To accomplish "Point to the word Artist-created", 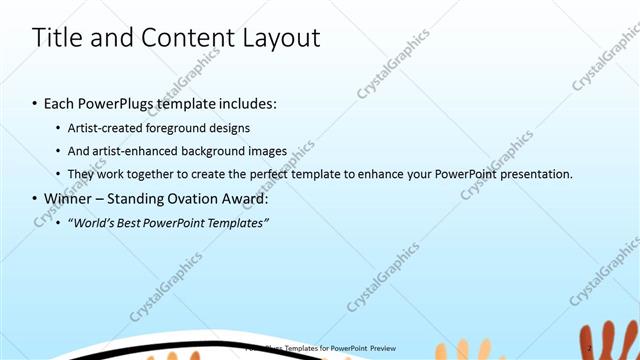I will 106,128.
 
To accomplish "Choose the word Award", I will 244,198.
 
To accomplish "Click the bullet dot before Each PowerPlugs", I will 35,103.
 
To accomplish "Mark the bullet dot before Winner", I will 35,198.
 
